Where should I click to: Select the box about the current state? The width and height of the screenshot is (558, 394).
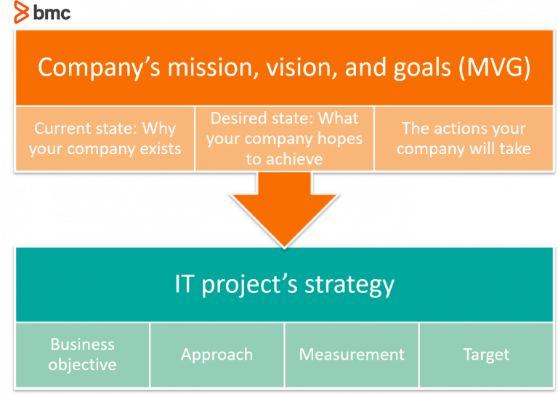pyautogui.click(x=105, y=138)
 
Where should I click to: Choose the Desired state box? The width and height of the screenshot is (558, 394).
pyautogui.click(x=284, y=138)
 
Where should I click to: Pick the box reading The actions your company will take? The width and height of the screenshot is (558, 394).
pyautogui.click(x=464, y=138)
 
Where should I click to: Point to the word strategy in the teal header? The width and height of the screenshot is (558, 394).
pyautogui.click(x=349, y=284)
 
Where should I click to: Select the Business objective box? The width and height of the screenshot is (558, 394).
pyautogui.click(x=82, y=354)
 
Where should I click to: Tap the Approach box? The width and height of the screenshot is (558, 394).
pyautogui.click(x=217, y=355)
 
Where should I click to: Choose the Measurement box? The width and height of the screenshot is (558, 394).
pyautogui.click(x=352, y=355)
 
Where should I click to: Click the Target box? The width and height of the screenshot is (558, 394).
pyautogui.click(x=486, y=355)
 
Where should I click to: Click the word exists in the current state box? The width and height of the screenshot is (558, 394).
pyautogui.click(x=156, y=149)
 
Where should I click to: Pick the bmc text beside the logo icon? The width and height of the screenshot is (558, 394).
pyautogui.click(x=52, y=12)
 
